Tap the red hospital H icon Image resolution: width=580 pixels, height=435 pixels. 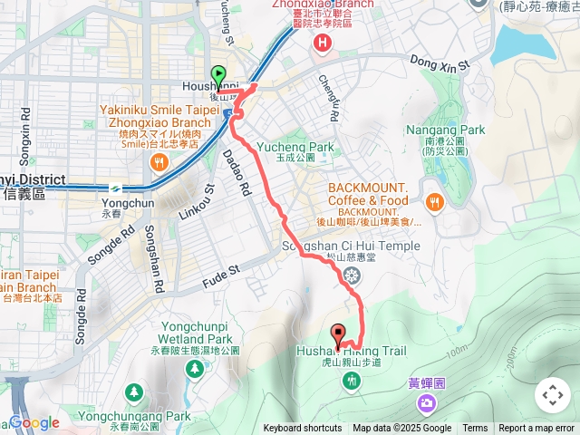coord(321,43)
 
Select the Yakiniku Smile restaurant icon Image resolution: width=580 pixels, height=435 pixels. coord(159,162)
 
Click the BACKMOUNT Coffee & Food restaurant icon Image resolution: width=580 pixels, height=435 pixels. coord(435,203)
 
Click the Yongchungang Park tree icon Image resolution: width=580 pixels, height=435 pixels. coord(134,392)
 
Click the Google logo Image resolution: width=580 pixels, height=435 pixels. coord(34,422)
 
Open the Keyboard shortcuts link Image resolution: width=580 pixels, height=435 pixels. coord(303,429)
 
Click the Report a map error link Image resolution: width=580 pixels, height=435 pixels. coord(536,429)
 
